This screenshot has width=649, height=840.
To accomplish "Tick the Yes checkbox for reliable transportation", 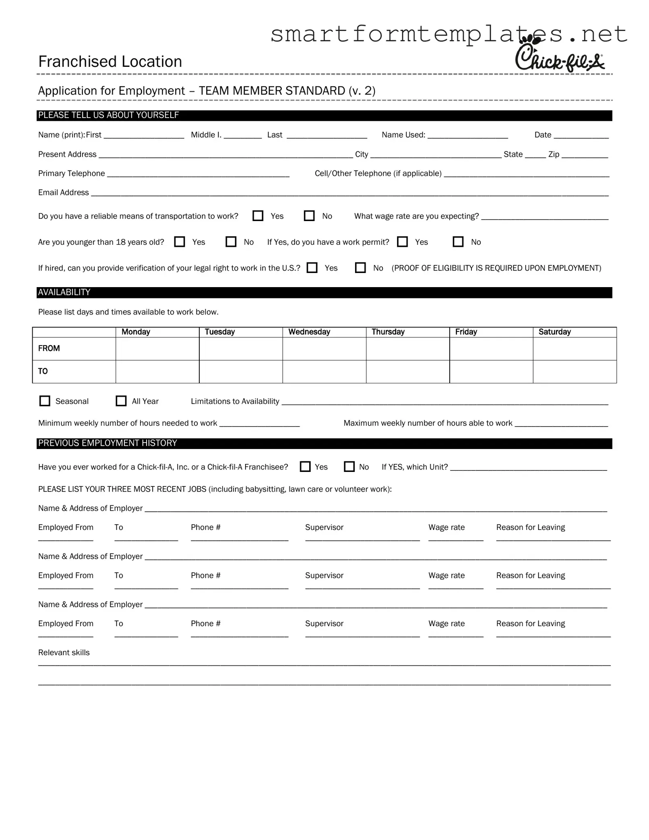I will (258, 216).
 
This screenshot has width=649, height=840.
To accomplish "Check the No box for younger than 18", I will (231, 242).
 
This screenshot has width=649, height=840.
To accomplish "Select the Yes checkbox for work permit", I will (402, 242).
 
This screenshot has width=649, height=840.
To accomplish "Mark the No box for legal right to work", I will (360, 268).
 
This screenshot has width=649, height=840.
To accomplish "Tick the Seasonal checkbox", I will (45, 401).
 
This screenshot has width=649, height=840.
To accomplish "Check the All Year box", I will (121, 401).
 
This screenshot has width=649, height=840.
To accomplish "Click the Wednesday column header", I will (309, 332).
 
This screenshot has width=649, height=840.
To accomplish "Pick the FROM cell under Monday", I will (157, 349).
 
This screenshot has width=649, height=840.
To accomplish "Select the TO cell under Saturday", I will (575, 371).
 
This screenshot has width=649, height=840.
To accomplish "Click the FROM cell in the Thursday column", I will (407, 349).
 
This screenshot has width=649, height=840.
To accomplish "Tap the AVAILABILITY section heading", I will (64, 292).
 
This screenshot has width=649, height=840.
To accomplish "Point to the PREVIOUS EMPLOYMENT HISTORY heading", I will (107, 443).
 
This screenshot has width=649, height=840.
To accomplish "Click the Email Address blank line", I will (349, 193).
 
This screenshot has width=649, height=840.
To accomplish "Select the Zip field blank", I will (584, 155).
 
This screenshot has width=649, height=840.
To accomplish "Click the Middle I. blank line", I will (242, 136).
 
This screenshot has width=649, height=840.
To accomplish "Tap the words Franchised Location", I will (110, 62).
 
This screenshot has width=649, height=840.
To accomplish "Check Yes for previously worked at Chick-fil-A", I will (305, 467).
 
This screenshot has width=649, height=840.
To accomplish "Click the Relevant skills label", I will (64, 652).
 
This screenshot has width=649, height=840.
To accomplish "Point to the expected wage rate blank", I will (544, 217).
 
